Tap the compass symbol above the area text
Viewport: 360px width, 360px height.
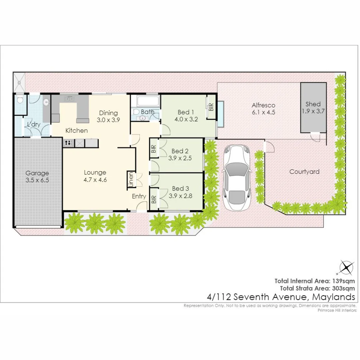[346, 267]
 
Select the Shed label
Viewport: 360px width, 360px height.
[313, 104]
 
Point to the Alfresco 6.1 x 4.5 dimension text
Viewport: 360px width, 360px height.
[263, 112]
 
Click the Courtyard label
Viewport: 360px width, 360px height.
[304, 172]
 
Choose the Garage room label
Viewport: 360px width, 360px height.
[37, 173]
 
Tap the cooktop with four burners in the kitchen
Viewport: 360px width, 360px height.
[68, 143]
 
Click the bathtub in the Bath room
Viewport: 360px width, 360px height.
[148, 101]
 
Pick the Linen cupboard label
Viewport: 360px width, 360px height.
[131, 180]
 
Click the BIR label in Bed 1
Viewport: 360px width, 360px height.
[211, 107]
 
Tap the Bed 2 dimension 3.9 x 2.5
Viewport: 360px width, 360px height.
[180, 158]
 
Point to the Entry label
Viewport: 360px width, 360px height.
[139, 196]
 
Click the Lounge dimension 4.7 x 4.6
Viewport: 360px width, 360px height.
[95, 180]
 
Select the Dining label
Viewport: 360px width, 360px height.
[108, 113]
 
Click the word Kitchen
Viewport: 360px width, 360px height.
[76, 130]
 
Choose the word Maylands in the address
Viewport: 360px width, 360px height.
[334, 297]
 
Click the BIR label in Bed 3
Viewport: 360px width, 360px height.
[154, 199]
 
